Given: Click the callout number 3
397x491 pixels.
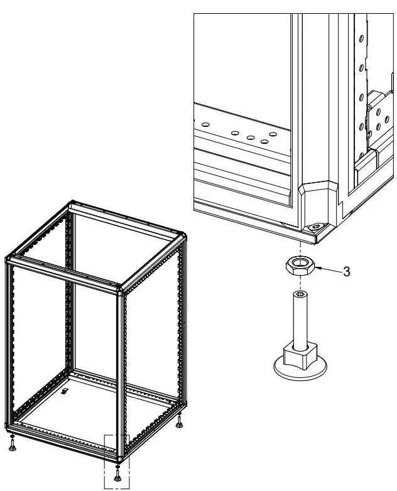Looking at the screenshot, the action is (346, 271).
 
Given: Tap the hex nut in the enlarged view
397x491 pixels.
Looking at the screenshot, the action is (300, 266).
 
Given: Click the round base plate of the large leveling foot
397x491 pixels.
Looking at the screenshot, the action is (300, 369).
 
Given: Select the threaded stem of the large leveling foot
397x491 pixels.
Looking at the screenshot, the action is (300, 320).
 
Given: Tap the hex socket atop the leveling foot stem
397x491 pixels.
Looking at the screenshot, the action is (300, 294).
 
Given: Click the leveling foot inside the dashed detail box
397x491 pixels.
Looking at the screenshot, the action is (118, 473).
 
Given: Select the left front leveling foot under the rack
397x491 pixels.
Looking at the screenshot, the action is (12, 443).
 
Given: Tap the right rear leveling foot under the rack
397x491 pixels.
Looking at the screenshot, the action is (179, 421).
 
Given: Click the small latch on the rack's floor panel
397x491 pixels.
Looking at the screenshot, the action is (65, 391).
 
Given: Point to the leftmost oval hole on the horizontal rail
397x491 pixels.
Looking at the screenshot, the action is (205, 124).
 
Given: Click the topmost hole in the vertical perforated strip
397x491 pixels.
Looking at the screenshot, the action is (361, 38).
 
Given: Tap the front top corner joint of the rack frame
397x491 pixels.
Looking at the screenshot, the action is (121, 289).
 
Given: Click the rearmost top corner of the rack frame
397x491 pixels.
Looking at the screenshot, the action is (73, 202).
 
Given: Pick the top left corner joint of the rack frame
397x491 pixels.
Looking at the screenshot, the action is (8, 259).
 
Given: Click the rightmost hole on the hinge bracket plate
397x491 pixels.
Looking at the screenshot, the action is (387, 119).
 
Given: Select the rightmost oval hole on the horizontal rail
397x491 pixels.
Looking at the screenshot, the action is (273, 134).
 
